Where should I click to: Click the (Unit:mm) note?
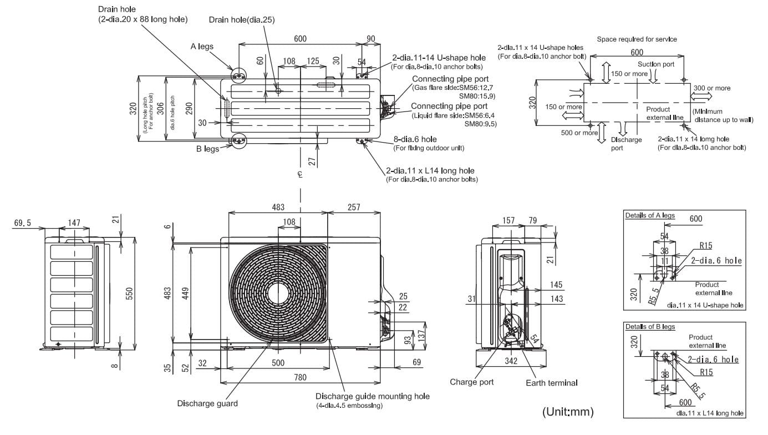pyautogui.click(x=568, y=411)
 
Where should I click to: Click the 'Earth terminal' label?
pyautogui.click(x=552, y=383)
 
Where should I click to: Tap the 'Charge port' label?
pyautogui.click(x=471, y=382)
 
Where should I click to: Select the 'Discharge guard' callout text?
pyautogui.click(x=207, y=403)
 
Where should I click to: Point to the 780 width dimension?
pyautogui.click(x=300, y=377)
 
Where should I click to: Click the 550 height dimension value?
pyautogui.click(x=129, y=294)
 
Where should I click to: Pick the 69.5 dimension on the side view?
pyautogui.click(x=22, y=223)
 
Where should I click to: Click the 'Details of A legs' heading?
pyautogui.click(x=650, y=215)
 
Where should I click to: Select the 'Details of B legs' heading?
pyautogui.click(x=650, y=327)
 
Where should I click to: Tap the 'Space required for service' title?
pyautogui.click(x=637, y=39)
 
